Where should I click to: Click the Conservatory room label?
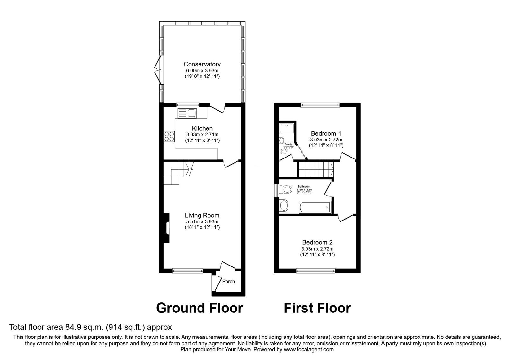coord(202,64)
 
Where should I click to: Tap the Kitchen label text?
coord(202,129)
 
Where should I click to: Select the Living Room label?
coord(202,216)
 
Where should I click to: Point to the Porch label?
coord(228,282)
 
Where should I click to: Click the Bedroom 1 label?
coord(326,134)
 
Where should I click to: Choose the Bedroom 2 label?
coord(317,243)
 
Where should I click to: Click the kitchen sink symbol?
coord(188,113)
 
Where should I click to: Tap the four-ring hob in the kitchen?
coord(169,137)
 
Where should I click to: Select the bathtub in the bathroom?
coord(315,207)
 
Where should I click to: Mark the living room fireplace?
coord(166,228)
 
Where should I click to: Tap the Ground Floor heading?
coord(199,308)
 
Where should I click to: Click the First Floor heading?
coord(317,308)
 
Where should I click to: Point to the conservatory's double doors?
coord(158,70)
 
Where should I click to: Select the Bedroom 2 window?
coord(316,271)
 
